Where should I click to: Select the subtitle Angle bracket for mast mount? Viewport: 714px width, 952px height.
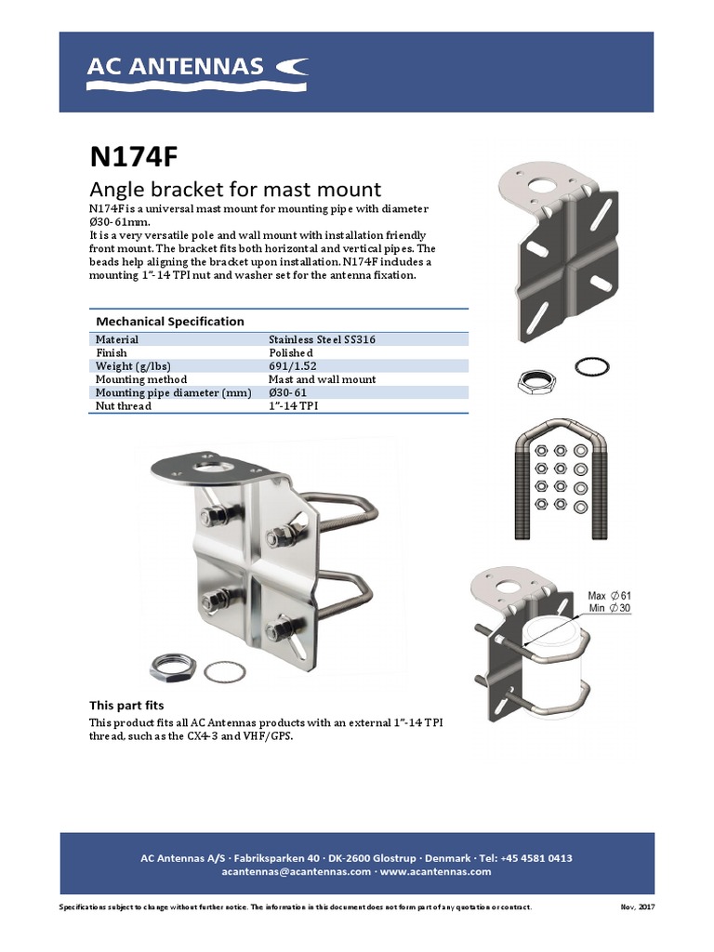[235, 188]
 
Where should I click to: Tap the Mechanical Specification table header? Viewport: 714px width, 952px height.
[170, 321]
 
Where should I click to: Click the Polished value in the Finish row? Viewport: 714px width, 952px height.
[291, 353]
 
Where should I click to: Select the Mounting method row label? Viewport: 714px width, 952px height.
[141, 379]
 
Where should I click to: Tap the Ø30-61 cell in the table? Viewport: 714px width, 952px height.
[288, 392]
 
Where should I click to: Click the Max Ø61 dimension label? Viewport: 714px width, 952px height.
[610, 595]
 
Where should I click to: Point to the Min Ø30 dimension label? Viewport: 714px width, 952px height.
[609, 608]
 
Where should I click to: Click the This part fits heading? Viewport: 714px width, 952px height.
[126, 706]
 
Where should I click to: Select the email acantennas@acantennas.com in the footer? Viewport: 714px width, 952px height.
[296, 872]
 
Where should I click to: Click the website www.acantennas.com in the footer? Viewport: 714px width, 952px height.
[435, 872]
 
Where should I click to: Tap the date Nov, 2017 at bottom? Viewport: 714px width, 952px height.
[637, 906]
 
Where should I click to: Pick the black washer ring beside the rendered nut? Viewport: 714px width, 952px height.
[591, 366]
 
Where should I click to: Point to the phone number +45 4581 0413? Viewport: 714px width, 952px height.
[536, 858]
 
